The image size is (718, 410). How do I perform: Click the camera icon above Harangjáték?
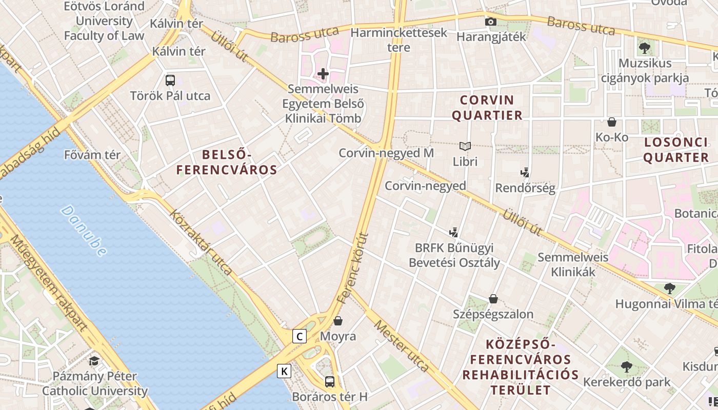pos(491,22)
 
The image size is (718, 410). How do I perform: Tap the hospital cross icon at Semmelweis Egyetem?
pos(323,74)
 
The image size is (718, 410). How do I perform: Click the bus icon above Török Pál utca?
pos(170,80)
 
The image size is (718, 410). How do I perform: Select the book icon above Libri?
pos(465,147)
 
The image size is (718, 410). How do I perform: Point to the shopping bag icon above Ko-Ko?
pos(611,122)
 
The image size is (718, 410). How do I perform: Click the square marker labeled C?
pos(299,336)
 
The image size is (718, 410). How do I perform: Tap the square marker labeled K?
pos(284,371)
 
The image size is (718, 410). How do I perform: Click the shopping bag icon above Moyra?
pos(337,321)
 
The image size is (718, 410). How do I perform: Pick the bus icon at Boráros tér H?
pos(330,382)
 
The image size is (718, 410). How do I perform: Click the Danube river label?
pos(84,231)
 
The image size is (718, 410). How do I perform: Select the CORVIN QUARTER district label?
pos(487,108)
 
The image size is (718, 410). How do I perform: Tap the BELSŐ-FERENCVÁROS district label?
pos(227,162)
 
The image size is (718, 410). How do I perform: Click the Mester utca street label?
pos(401,345)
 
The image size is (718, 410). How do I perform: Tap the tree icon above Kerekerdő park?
pos(626,367)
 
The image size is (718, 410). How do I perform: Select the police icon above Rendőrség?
pos(525,173)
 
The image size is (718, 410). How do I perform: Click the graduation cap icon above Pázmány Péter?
pos(94,361)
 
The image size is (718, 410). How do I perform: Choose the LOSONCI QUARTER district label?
pos(675,150)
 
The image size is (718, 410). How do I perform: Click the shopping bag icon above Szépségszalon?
pos(493,299)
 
